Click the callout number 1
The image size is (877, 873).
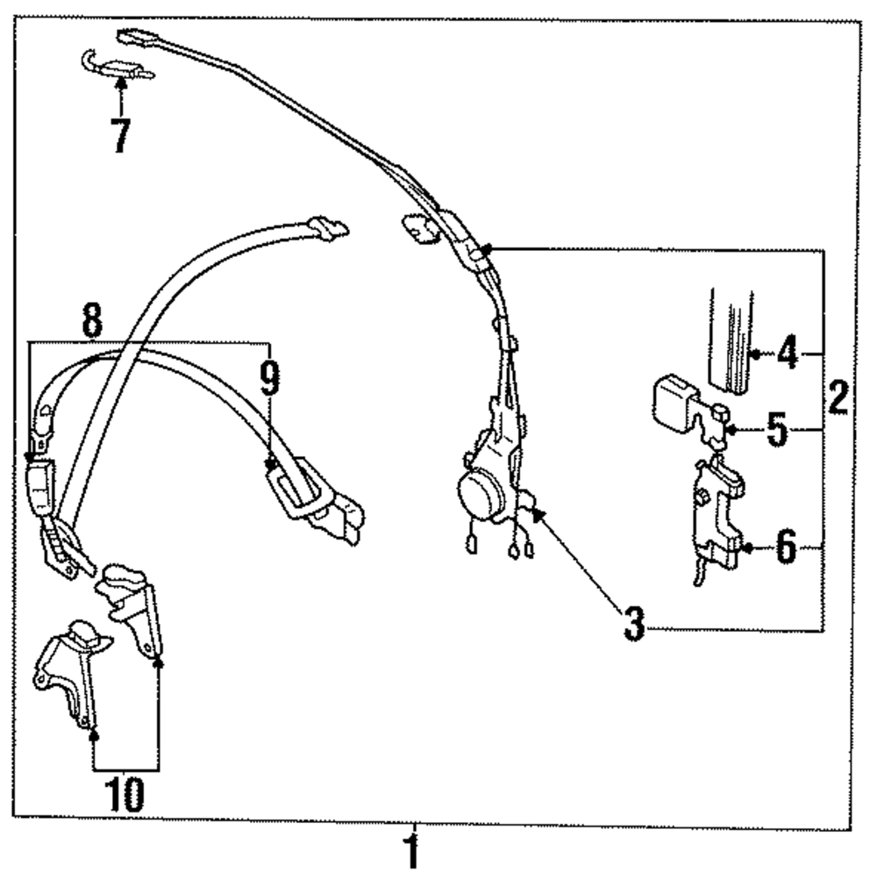(x=410, y=851)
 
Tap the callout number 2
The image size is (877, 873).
(x=838, y=399)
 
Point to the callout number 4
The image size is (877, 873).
(x=787, y=355)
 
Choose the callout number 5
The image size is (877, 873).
(x=775, y=432)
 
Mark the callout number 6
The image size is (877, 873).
(x=785, y=549)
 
